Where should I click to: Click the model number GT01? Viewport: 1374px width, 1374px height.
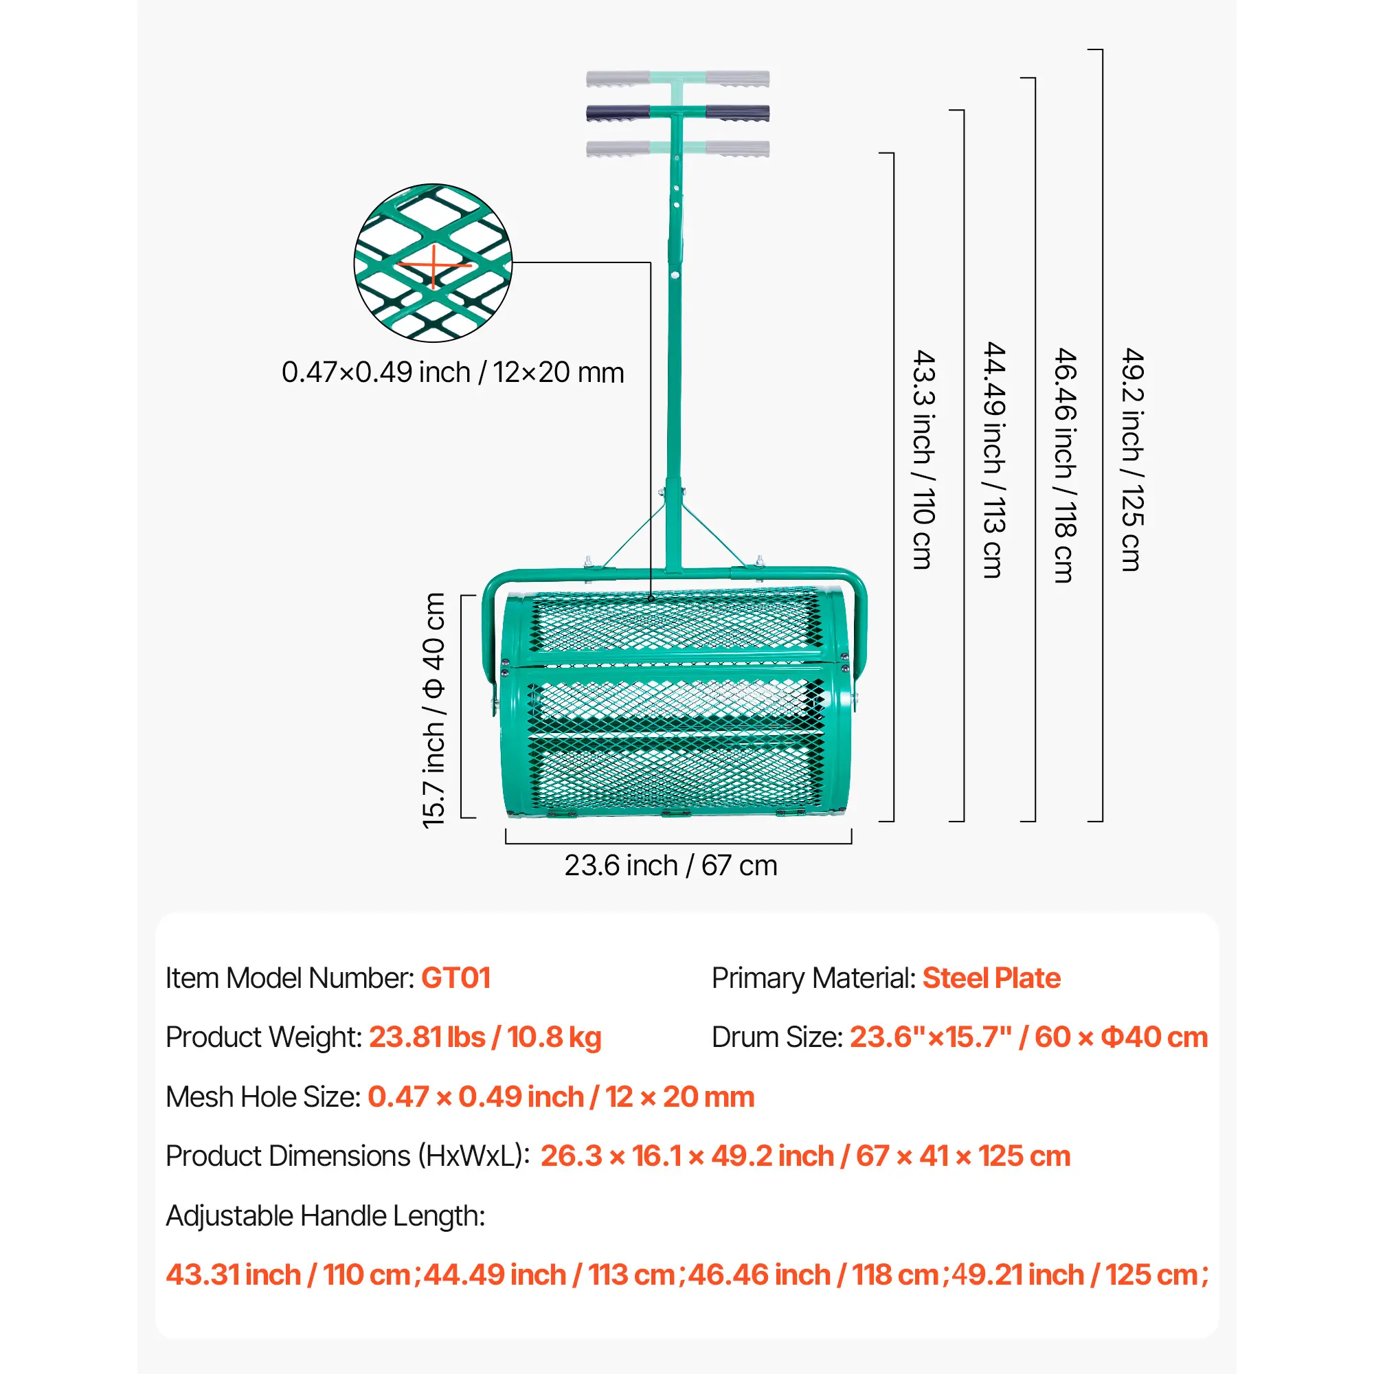coord(455,978)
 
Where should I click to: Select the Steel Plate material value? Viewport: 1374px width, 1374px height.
coord(991,978)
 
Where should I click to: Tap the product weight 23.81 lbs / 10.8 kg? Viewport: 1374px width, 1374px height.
coord(485,1037)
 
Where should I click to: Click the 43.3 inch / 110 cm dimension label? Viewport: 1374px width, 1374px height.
coord(923,459)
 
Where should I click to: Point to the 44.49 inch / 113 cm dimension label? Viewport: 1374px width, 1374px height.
coord(993,459)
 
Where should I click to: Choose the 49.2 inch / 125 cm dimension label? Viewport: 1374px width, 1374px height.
coord(1132,459)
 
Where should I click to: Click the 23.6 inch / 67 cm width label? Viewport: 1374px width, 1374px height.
coord(671,866)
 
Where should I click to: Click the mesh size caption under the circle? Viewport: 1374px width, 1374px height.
coord(452,372)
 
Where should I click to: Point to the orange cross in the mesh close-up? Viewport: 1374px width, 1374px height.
coord(433,265)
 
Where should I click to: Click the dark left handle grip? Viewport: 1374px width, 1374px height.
coord(618,113)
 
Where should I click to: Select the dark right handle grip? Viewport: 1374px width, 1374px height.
coord(737,113)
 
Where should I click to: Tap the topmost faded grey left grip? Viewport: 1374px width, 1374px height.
coord(618,78)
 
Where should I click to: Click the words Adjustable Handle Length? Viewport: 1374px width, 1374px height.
coord(325,1215)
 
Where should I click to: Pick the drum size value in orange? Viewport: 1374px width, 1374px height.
coord(1028,1037)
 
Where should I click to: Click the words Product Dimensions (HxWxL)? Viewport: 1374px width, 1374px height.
coord(347,1156)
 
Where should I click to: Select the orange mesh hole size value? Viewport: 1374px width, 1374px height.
coord(561,1096)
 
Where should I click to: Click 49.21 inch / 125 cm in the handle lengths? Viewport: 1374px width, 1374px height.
coord(1079,1274)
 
